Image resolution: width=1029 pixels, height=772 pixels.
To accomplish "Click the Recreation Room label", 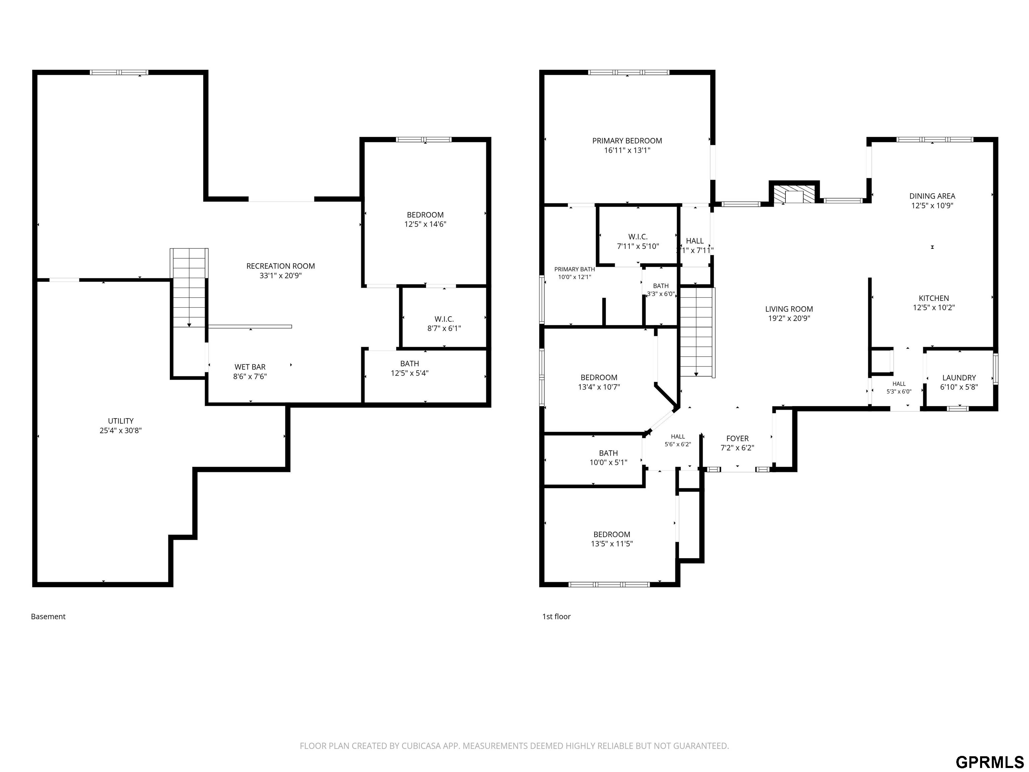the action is [x=280, y=266].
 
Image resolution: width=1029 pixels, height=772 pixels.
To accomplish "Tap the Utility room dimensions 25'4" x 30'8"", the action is [x=121, y=431].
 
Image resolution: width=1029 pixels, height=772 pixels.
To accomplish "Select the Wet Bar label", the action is [x=250, y=367].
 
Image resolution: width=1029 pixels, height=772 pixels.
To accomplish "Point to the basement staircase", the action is [x=189, y=287].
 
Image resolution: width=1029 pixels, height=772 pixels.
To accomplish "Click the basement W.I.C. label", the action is [x=444, y=319].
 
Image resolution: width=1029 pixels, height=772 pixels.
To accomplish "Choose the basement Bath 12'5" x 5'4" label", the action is [x=409, y=368].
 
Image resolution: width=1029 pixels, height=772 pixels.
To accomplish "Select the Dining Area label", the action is [x=932, y=196].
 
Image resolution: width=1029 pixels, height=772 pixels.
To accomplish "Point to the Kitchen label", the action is [x=934, y=298].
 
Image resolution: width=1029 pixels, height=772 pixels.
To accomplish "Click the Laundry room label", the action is [x=959, y=378].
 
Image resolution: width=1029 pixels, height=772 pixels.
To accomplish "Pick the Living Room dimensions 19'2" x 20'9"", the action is [x=789, y=319].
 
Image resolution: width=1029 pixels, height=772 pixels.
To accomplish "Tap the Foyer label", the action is [x=737, y=438].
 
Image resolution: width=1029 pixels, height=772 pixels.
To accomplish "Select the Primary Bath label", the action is [x=574, y=269].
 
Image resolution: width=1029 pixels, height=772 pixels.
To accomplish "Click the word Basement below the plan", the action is [x=48, y=617].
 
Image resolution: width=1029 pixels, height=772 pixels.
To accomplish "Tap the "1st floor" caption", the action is [x=556, y=617].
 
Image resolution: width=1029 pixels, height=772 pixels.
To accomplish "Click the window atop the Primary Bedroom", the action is [x=628, y=72].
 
